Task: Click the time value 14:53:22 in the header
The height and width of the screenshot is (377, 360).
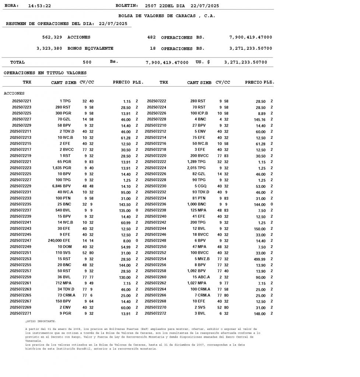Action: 39,6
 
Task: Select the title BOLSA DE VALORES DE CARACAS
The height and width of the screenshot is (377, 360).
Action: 167,16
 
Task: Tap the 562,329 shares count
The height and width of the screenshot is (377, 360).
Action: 52,37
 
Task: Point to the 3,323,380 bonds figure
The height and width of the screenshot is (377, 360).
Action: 49,48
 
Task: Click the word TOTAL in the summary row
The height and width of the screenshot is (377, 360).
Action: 17,62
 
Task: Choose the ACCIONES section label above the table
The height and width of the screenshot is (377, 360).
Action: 14,94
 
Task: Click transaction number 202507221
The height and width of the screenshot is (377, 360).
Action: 22,101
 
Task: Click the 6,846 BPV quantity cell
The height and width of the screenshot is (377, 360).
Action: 62,186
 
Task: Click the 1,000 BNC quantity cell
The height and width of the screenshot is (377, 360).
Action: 197,204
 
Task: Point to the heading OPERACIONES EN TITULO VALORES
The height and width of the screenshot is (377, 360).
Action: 45,73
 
